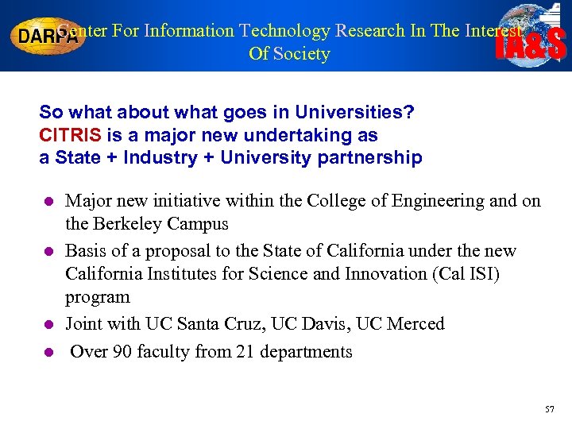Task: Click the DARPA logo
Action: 48,37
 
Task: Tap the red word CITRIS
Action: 70,135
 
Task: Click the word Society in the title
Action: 301,54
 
